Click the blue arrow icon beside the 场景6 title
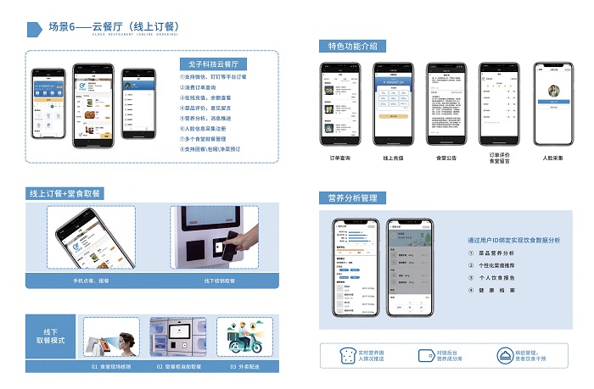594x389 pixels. [x=35, y=29]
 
